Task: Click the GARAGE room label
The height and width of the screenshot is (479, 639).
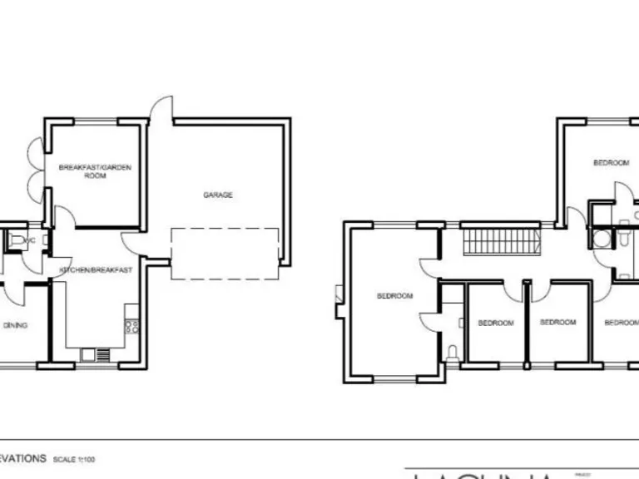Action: pos(218,195)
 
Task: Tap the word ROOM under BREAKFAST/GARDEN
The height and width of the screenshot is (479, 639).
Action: pos(95,176)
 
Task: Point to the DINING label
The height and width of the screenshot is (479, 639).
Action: pos(15,325)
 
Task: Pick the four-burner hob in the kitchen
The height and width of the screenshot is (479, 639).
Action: pos(131,326)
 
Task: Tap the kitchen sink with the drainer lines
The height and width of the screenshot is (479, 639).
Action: pos(96,354)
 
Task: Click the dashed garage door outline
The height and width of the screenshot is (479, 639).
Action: pos(225,254)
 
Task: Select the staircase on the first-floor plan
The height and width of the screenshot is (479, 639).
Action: pos(496,243)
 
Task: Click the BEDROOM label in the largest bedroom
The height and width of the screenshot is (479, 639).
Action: pos(394,296)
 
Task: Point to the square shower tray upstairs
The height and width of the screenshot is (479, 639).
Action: pos(602,239)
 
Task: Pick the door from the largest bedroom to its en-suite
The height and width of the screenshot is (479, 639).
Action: pos(430,321)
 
